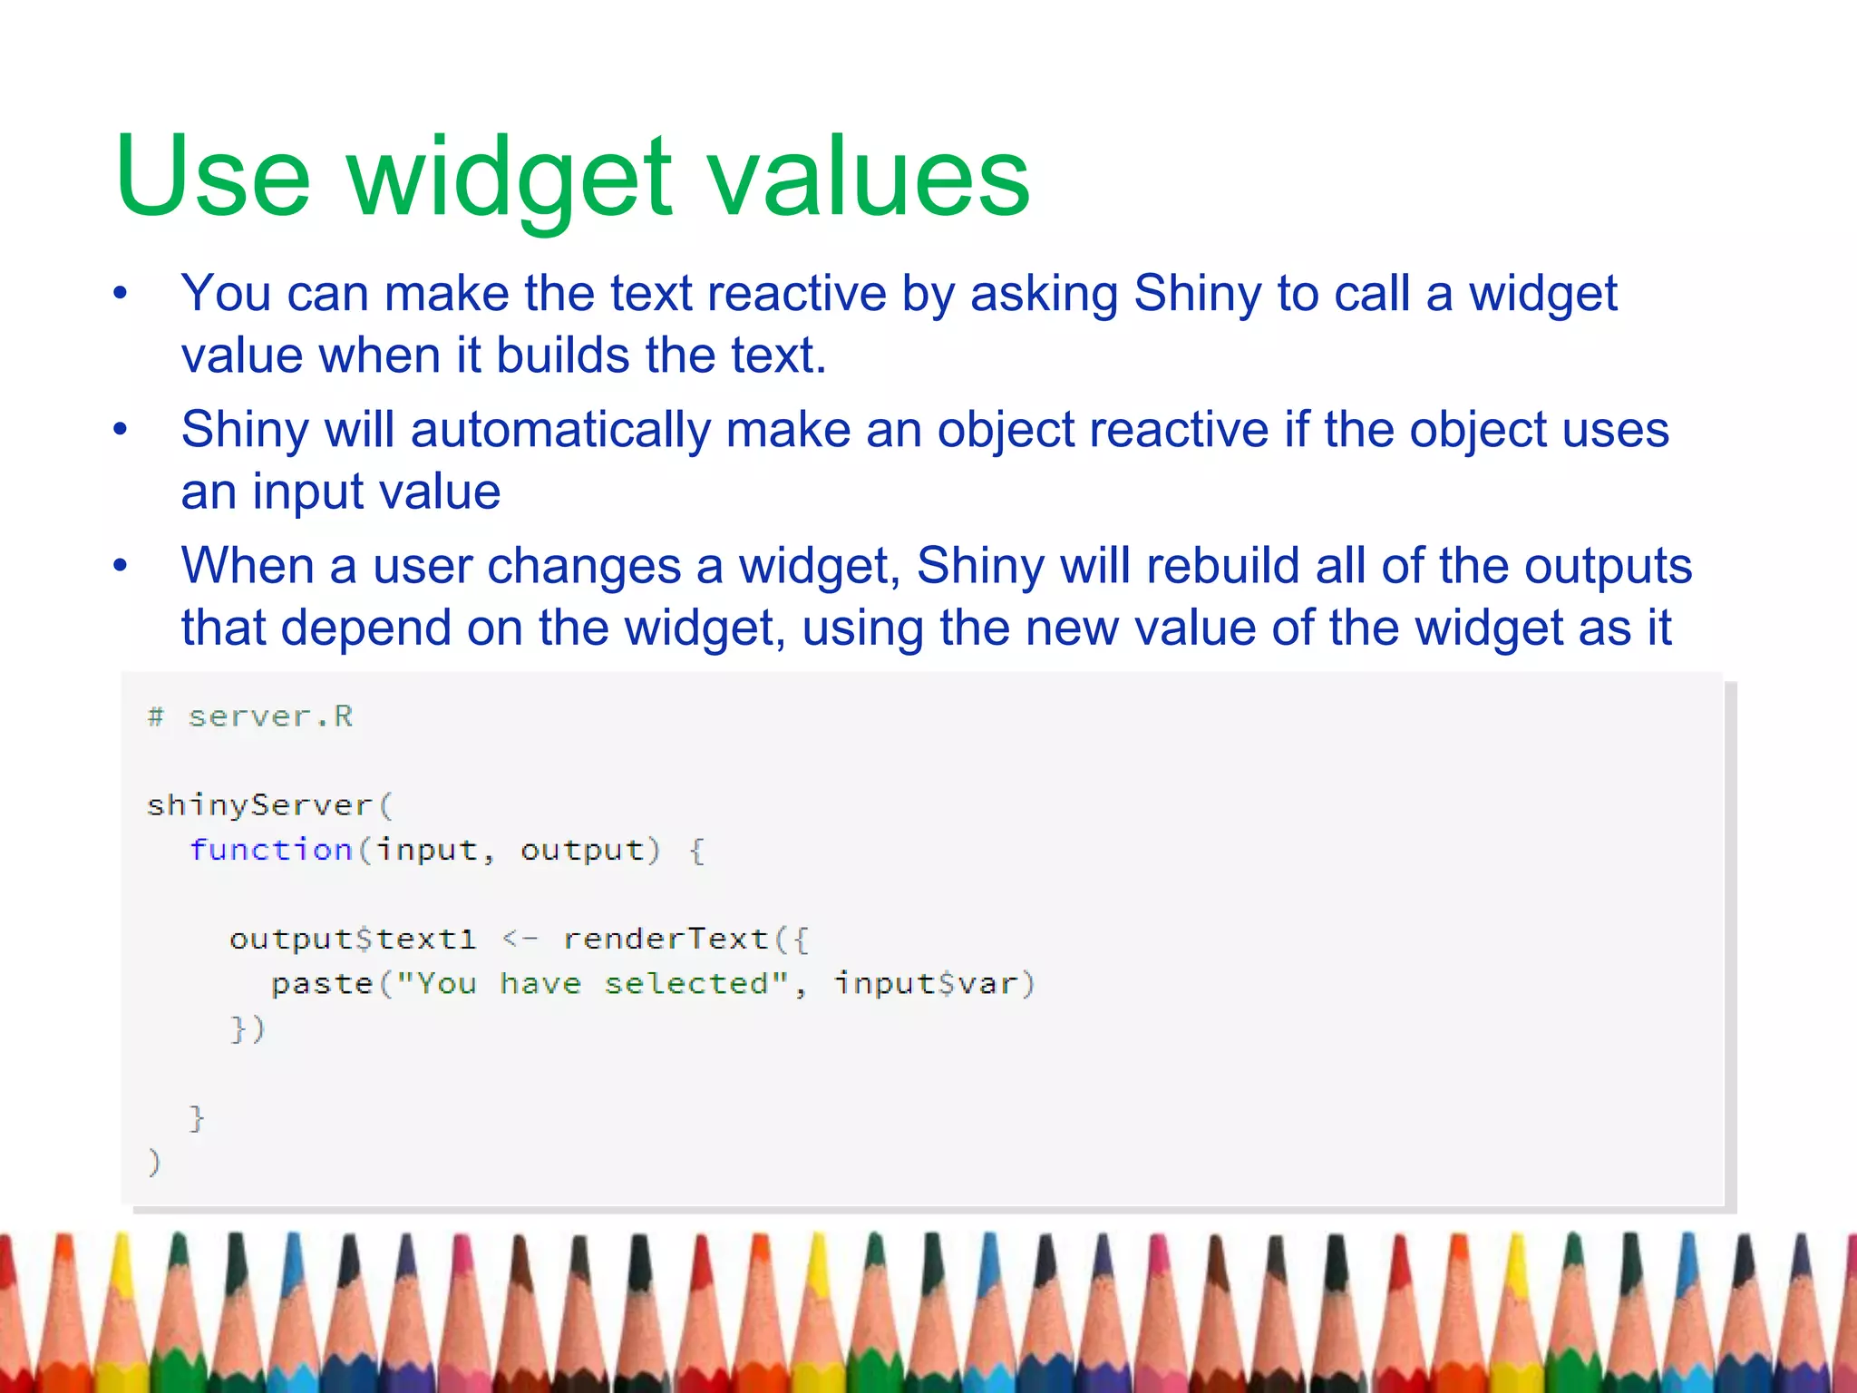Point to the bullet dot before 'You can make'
click(121, 294)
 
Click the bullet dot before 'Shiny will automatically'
click(121, 430)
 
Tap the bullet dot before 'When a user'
click(121, 567)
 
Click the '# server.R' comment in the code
click(250, 716)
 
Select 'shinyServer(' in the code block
click(269, 805)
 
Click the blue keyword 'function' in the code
click(270, 850)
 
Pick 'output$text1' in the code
click(353, 939)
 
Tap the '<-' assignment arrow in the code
click(520, 939)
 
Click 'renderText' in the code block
click(666, 939)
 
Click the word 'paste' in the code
click(322, 984)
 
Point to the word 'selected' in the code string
click(686, 983)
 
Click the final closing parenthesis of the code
click(154, 1162)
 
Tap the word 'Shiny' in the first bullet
click(1197, 294)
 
